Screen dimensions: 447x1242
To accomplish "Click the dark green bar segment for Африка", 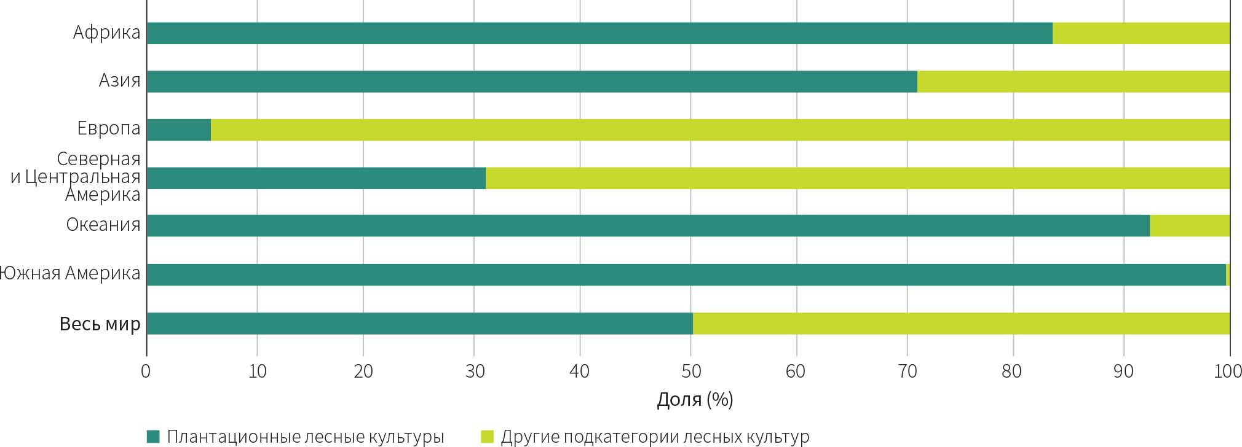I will pyautogui.click(x=599, y=33).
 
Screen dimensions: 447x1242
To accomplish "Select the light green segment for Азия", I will pyautogui.click(x=1073, y=82).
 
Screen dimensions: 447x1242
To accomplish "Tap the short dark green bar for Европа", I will pyautogui.click(x=179, y=130).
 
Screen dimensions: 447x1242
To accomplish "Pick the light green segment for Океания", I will pyautogui.click(x=1189, y=225).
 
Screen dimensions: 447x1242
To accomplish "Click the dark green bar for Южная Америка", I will pyautogui.click(x=686, y=274).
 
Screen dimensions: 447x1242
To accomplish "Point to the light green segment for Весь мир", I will pyautogui.click(x=961, y=324).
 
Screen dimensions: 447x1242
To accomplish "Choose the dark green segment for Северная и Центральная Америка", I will pyautogui.click(x=316, y=178).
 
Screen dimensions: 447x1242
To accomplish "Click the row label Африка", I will pyautogui.click(x=107, y=33).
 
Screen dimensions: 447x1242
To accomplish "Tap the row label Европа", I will pyautogui.click(x=109, y=129).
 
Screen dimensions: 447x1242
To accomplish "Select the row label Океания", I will pyautogui.click(x=103, y=225).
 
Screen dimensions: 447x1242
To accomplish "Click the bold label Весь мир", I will pyautogui.click(x=100, y=324).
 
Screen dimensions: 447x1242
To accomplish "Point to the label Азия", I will pyautogui.click(x=120, y=81).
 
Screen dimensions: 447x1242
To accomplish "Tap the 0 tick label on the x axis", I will pyautogui.click(x=146, y=371).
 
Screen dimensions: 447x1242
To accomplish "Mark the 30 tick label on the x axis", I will pyautogui.click(x=474, y=371).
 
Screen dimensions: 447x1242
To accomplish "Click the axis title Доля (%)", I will pyautogui.click(x=695, y=400).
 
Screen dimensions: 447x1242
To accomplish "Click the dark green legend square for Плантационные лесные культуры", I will pyautogui.click(x=153, y=437).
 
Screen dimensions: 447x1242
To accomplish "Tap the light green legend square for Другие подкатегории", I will pyautogui.click(x=487, y=437).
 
